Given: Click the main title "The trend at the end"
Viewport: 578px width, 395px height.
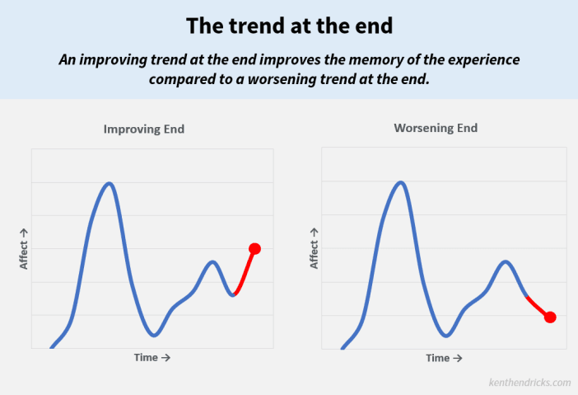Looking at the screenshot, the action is (x=289, y=26).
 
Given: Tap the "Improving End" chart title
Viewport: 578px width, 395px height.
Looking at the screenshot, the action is (x=144, y=129).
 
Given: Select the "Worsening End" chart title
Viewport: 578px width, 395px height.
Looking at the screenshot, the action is (x=436, y=128).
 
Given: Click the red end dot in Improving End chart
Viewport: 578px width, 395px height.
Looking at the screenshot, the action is (x=254, y=249).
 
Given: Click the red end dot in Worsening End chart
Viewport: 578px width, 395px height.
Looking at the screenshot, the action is (x=550, y=317).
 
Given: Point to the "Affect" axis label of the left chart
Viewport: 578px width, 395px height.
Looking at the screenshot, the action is (x=24, y=250).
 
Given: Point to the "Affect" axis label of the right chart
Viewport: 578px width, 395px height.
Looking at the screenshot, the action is (x=314, y=249).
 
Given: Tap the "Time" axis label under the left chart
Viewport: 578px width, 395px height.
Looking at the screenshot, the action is (x=151, y=357).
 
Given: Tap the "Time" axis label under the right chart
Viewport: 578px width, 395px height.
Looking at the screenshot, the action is (x=444, y=358).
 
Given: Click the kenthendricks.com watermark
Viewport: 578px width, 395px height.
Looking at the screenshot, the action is (x=529, y=383).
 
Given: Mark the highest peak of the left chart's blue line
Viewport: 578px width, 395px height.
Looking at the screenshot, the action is (x=110, y=183).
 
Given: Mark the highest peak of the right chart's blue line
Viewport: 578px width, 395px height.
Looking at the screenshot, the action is (x=401, y=183).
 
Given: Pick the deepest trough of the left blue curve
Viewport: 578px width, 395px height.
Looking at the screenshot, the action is (x=154, y=335).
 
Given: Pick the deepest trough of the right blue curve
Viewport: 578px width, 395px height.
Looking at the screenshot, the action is (x=446, y=335).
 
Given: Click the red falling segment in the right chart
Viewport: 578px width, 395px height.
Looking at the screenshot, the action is (x=538, y=307).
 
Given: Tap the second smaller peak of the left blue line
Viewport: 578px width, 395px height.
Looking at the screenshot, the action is (x=212, y=262).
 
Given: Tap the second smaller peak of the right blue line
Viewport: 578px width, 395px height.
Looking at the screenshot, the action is (x=506, y=262).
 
